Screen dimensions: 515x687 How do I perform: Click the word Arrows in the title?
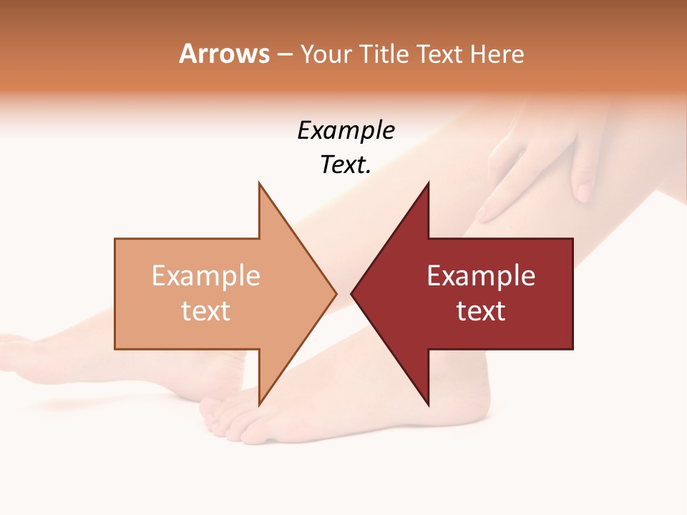[224, 54]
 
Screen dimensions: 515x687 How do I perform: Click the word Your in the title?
[326, 54]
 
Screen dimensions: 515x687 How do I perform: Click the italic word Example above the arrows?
[346, 131]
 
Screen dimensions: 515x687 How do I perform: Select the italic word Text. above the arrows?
[346, 165]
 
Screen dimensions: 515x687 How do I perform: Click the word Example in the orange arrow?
[206, 276]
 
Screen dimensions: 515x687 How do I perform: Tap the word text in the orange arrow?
[206, 311]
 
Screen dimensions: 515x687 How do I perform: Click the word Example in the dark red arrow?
[481, 276]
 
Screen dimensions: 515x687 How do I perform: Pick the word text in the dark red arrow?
[481, 311]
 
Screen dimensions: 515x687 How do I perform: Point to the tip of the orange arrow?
[334, 293]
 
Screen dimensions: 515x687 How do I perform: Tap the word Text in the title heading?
[439, 54]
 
